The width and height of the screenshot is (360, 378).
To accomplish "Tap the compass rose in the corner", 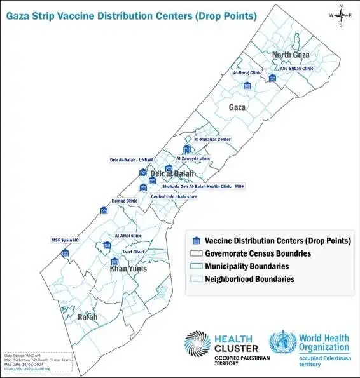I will (340, 15).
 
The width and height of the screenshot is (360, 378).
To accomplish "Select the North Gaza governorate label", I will (291, 55).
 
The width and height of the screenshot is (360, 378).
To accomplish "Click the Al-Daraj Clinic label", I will (247, 72).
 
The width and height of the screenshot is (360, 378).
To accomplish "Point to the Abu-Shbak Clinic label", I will (296, 69).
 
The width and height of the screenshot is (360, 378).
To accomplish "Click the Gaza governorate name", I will (237, 108).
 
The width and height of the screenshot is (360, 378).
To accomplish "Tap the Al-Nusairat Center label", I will (212, 139).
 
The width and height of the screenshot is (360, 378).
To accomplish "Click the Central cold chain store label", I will (174, 197).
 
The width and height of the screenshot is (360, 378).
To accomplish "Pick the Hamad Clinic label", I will (124, 201).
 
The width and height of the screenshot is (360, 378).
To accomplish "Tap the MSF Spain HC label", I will (65, 240).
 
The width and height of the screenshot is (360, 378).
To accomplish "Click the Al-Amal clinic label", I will (128, 236).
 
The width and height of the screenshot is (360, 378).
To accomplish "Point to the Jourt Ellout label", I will (134, 252).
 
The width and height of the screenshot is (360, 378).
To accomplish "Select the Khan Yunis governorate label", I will (128, 269).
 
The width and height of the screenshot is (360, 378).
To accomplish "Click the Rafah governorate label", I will (87, 316).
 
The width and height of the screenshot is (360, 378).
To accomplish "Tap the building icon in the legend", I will (197, 241).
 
